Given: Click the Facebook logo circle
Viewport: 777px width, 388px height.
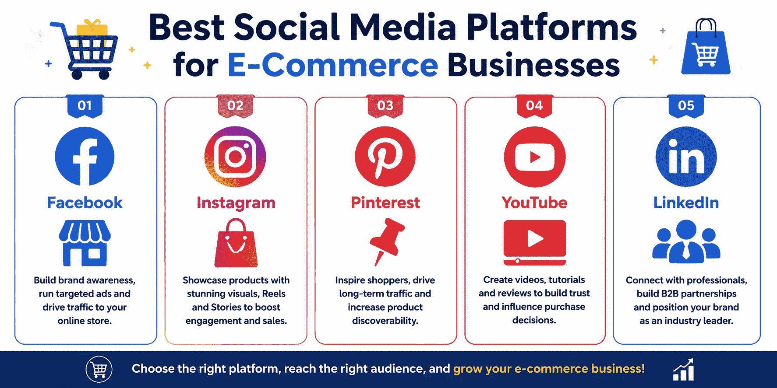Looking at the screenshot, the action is point(85,157).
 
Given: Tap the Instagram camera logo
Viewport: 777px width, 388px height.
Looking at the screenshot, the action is point(236,157).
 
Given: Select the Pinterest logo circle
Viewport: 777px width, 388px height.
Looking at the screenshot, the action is point(385,157).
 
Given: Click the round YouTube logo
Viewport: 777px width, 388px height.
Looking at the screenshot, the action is point(535,157).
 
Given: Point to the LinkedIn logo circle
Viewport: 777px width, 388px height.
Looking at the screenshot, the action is point(686,157).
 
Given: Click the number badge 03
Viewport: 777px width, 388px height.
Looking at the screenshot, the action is point(385,106).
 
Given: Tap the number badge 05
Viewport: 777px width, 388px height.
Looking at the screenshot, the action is point(686,106).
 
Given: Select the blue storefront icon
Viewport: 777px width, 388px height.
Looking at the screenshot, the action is point(85,243).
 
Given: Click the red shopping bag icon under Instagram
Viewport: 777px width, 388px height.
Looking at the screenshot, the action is point(236,243).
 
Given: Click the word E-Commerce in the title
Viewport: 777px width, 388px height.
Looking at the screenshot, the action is point(332,65).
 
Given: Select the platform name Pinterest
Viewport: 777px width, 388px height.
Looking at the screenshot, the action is point(385,203).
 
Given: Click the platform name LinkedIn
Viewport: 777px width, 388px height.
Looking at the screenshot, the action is point(686,203).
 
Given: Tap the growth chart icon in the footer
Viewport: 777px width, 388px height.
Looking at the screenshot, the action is point(683,370).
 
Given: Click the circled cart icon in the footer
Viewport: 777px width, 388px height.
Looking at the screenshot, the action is point(99,369).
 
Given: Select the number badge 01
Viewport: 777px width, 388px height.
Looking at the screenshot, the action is point(85,106).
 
